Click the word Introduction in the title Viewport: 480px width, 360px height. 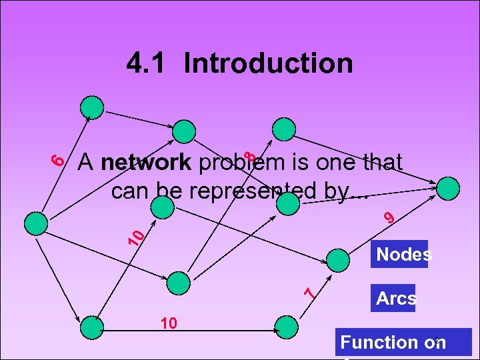click(269, 63)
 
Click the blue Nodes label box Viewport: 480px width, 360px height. click(400, 254)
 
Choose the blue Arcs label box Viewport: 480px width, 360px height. click(395, 298)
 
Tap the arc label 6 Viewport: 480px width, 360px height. click(59, 159)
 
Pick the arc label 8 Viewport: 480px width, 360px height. click(249, 157)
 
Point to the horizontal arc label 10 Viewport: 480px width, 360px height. click(168, 323)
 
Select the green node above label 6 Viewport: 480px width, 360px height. click(93, 107)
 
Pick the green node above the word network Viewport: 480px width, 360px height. click(185, 131)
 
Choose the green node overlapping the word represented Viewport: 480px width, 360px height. click(287, 203)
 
